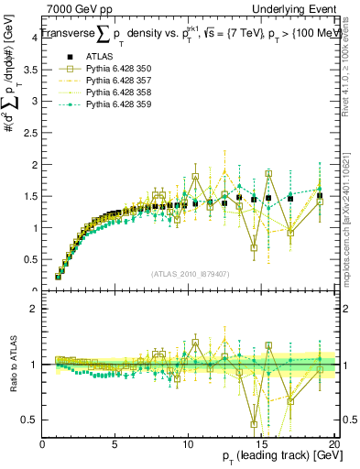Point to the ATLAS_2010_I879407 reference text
click(190, 273)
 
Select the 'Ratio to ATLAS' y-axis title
click(11, 365)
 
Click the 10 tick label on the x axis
click(189, 444)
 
